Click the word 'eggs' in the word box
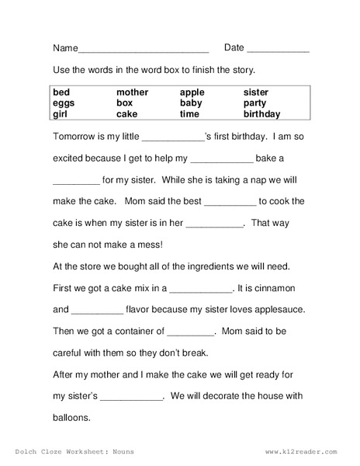pos(64,102)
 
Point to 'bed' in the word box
pos(63,92)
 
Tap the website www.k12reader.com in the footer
pos(302,450)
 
